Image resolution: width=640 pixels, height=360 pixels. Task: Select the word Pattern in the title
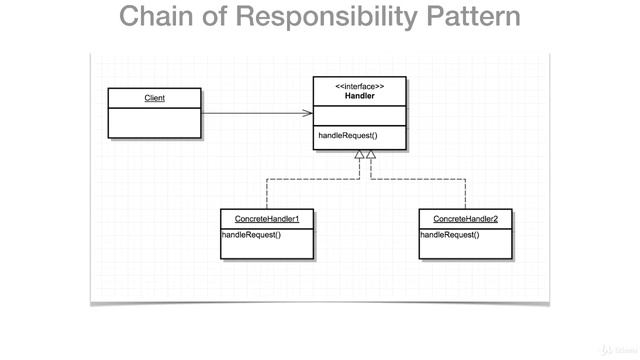pos(470,18)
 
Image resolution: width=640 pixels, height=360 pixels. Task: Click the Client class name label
pos(154,98)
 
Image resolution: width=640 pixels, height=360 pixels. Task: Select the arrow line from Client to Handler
pos(255,114)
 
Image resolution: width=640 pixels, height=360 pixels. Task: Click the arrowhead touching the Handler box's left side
pos(308,114)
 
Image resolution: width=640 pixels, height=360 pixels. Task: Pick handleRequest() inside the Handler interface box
pos(348,135)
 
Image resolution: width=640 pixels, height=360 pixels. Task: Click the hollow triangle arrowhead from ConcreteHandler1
pos(359,155)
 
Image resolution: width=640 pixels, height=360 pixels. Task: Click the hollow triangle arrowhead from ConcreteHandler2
pos(371,155)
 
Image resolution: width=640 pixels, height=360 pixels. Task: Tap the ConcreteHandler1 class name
pos(266,219)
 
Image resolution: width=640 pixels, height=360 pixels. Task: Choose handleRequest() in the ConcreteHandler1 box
pos(251,235)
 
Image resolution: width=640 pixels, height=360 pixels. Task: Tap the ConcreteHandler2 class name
pos(465,219)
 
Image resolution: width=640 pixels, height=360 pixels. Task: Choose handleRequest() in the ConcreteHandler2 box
pos(450,235)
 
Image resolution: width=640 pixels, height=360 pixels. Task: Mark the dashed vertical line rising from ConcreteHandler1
pos(266,195)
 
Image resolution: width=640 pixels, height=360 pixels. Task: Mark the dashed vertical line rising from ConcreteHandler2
pos(465,195)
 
